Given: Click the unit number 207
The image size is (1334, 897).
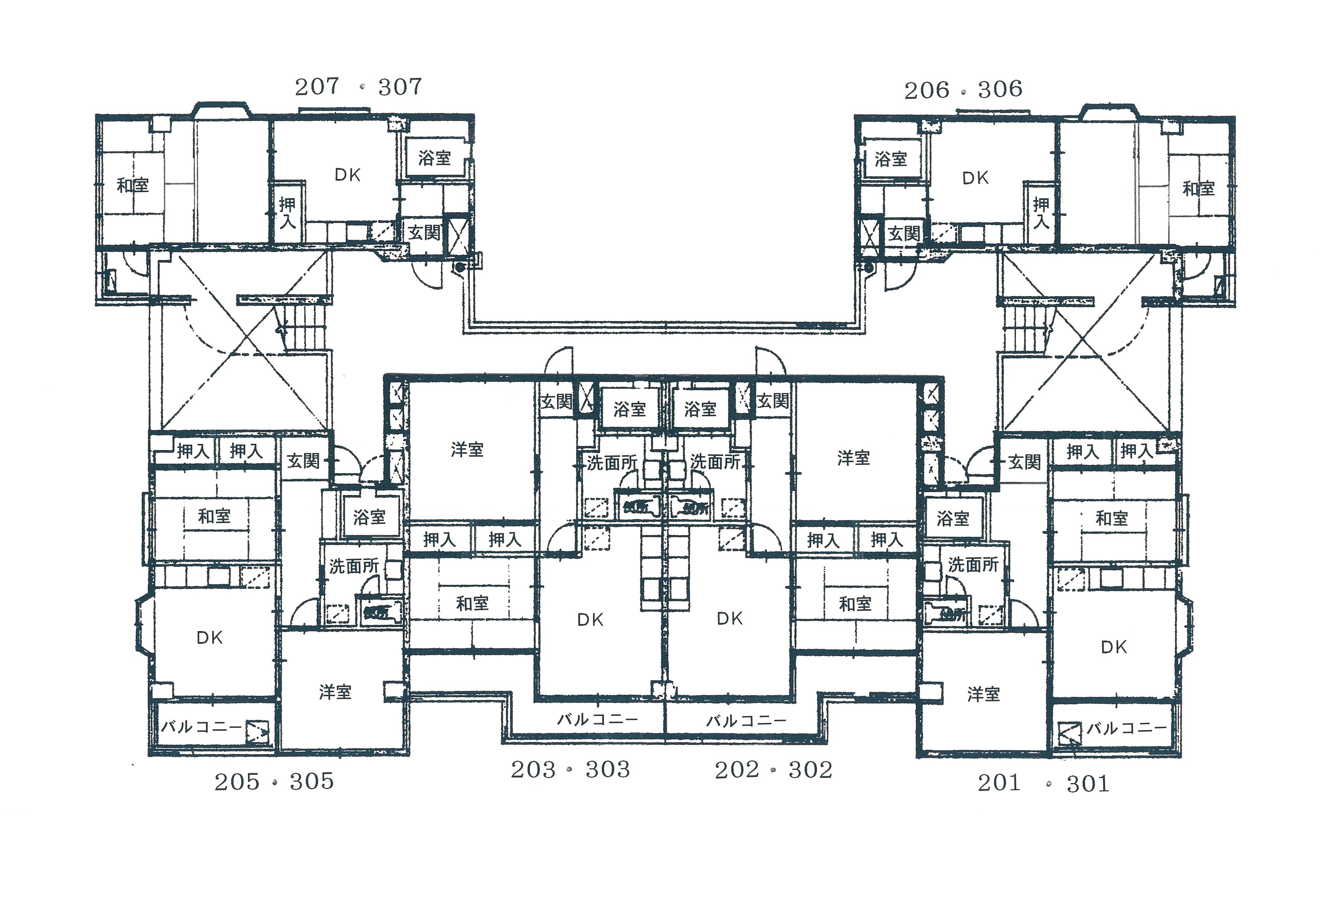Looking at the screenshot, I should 316,87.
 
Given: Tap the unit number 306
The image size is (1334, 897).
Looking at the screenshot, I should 1000,89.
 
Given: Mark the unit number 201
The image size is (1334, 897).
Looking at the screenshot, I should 999,783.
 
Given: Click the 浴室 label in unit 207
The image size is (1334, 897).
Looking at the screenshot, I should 434,158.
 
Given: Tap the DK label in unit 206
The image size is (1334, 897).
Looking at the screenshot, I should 975,178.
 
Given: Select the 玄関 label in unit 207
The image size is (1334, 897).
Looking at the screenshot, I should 424,233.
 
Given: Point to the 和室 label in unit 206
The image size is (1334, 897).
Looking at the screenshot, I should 1198,188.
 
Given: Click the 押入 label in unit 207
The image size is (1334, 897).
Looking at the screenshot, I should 287,213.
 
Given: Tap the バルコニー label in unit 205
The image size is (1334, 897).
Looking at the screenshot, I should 201,727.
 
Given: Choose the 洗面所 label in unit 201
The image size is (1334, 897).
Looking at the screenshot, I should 973,565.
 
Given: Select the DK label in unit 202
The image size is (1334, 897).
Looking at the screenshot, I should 729,619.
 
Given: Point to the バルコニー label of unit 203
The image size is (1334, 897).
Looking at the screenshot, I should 597,720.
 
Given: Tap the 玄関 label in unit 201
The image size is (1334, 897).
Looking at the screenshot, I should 1024,462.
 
